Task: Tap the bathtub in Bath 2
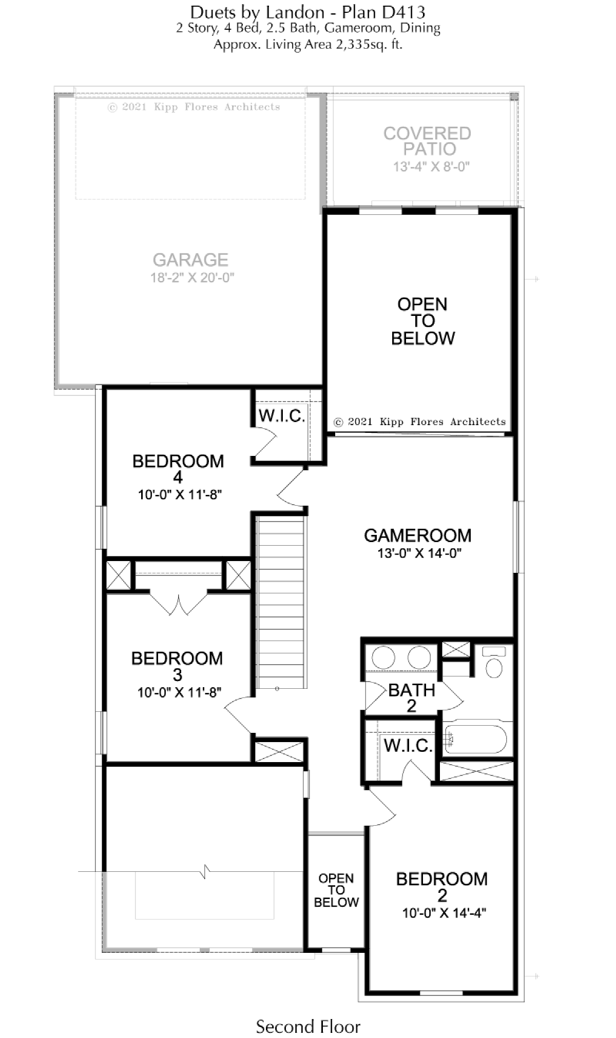475,738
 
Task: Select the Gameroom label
417,535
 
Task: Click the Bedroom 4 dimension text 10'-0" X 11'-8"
180,495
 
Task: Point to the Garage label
190,260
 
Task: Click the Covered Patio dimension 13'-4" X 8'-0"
431,167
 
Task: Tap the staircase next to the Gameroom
280,603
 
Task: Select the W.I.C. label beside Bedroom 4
282,416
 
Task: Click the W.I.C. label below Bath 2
408,746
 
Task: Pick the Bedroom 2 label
441,887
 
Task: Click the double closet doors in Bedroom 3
178,604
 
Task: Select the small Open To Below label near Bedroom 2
336,890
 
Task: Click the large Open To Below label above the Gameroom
423,321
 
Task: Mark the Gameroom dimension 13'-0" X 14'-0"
419,553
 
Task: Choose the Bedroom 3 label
177,666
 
